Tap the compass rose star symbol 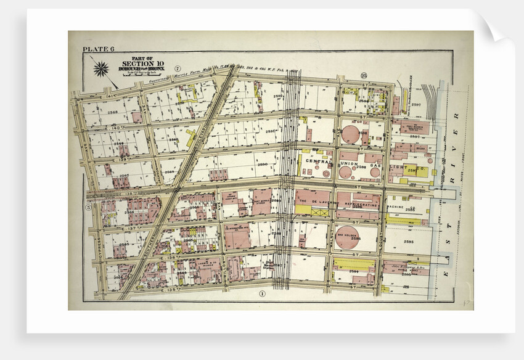pos(100,68)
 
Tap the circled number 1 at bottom pos(262,293)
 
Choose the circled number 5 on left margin pos(88,207)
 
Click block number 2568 pos(113,113)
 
